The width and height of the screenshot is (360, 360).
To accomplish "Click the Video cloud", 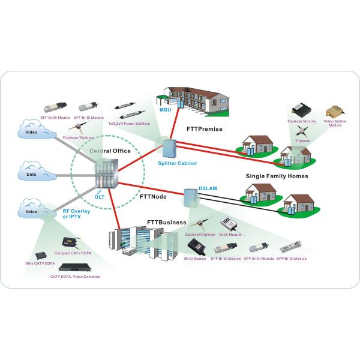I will tap(32, 131).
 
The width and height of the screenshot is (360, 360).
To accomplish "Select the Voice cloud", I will tap(32, 211).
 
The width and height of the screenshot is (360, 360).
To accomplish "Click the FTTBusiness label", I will tap(164, 223).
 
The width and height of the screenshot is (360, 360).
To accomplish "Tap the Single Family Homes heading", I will tap(277, 176).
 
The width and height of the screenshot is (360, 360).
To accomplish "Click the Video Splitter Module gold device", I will tap(334, 112).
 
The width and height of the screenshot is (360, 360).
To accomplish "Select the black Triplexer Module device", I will tap(299, 110).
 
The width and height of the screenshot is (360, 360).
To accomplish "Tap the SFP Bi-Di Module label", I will tap(292, 259).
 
